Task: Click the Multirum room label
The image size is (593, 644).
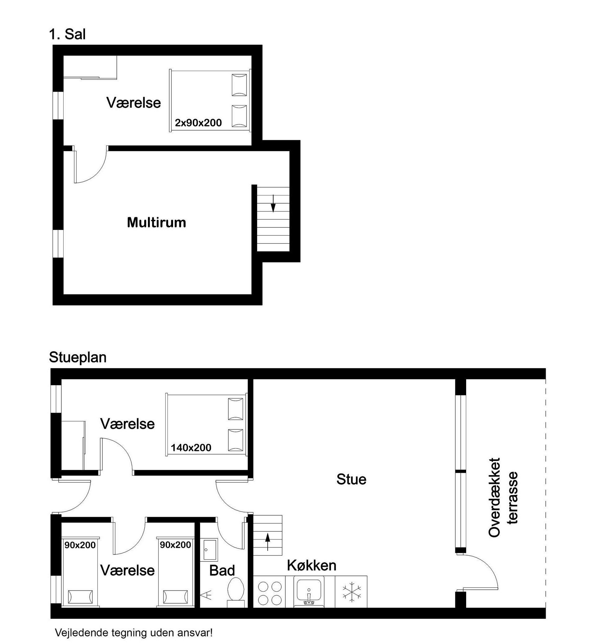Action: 156,222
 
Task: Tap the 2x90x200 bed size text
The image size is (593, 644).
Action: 198,123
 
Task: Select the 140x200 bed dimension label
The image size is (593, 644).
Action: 191,448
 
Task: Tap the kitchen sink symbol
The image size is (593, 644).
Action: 309,592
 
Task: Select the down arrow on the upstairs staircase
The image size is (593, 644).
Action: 273,203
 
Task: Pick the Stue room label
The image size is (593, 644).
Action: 351,479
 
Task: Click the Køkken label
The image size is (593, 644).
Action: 312,566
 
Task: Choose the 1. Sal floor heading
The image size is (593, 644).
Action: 67,34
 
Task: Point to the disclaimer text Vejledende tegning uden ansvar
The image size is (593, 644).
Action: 133,633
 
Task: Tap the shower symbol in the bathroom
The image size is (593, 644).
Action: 206,595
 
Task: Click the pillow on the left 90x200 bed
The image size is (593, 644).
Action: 80,597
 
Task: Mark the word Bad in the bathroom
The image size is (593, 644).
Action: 222,570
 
